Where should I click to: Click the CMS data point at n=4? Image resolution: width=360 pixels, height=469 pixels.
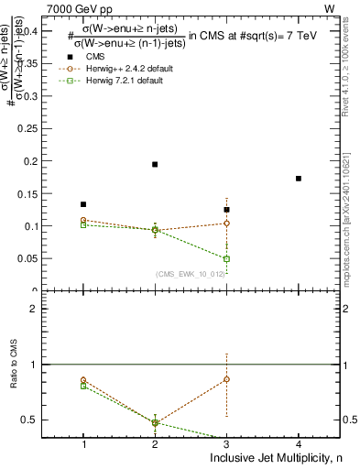[x=299, y=178]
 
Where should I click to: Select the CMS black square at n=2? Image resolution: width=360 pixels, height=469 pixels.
[x=155, y=164]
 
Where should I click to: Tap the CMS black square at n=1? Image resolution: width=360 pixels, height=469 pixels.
[x=83, y=204]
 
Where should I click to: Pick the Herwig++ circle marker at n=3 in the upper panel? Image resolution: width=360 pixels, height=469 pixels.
[x=226, y=223]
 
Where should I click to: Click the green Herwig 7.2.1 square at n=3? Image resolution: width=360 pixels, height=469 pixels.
[x=226, y=259]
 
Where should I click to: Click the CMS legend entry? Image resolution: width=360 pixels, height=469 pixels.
[x=96, y=57]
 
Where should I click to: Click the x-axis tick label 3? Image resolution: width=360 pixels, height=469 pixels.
[x=226, y=444]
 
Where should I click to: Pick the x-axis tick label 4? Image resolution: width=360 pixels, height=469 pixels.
[x=299, y=444]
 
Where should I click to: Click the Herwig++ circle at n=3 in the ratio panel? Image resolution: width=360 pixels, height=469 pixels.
[x=226, y=378]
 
